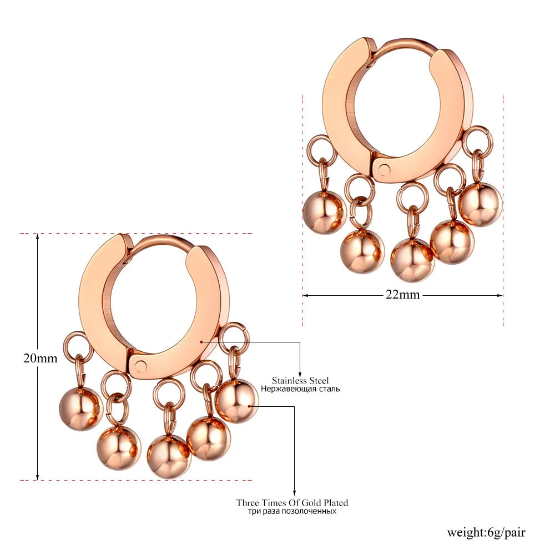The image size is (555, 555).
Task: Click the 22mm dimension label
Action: point(402,295)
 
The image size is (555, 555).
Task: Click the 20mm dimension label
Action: point(41,358)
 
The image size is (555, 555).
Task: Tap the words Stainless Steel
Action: point(300,381)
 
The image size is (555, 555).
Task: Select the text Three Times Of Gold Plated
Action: point(292,503)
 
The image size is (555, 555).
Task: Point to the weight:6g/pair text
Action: point(486,533)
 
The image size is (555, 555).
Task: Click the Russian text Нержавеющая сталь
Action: point(300,389)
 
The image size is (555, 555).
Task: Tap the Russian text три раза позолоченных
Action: point(292,512)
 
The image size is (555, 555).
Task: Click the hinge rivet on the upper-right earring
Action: point(384,169)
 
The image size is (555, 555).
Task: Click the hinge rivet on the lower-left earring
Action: point(140,365)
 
